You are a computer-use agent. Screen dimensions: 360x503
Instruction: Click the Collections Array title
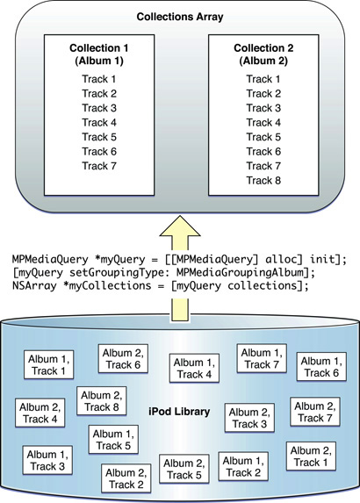click(180, 17)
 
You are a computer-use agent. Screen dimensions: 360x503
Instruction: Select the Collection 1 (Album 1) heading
click(99, 54)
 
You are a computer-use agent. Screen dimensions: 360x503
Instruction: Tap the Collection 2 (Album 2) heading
click(263, 54)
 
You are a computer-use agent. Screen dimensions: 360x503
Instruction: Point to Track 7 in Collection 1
click(99, 166)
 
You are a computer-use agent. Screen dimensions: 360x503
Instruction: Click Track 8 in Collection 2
click(263, 180)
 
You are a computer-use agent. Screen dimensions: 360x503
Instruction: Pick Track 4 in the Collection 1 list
click(99, 123)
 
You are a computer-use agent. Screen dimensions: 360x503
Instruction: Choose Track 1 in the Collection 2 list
click(263, 79)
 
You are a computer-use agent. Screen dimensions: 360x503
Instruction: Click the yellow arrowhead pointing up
click(180, 226)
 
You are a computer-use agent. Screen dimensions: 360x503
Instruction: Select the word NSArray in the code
click(34, 285)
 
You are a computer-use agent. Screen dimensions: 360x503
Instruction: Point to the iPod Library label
click(179, 411)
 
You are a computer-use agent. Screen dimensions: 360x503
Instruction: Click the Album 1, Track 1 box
click(49, 364)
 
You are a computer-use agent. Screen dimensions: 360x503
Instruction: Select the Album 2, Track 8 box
click(102, 401)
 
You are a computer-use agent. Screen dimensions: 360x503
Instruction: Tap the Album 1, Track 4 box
click(194, 369)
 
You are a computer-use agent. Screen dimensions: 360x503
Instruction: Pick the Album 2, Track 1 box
click(311, 456)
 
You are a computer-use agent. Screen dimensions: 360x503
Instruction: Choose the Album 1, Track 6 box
click(321, 367)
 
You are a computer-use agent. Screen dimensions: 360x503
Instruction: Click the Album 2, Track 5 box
click(184, 469)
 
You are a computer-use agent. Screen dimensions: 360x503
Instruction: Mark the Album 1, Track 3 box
click(47, 460)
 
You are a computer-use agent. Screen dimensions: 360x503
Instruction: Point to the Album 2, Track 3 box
click(249, 418)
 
